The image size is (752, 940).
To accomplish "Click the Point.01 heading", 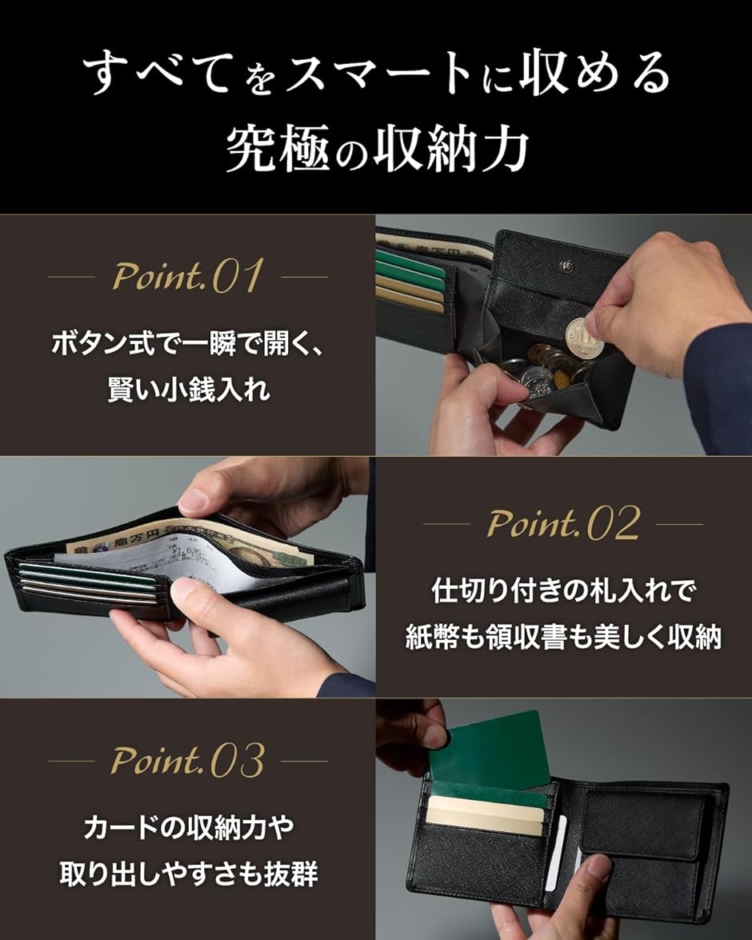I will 187,277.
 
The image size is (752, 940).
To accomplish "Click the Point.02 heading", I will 563,524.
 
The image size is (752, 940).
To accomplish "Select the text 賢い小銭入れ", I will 187,392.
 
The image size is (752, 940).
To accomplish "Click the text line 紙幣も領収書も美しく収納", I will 563,638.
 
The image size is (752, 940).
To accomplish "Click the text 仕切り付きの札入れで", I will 563,592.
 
